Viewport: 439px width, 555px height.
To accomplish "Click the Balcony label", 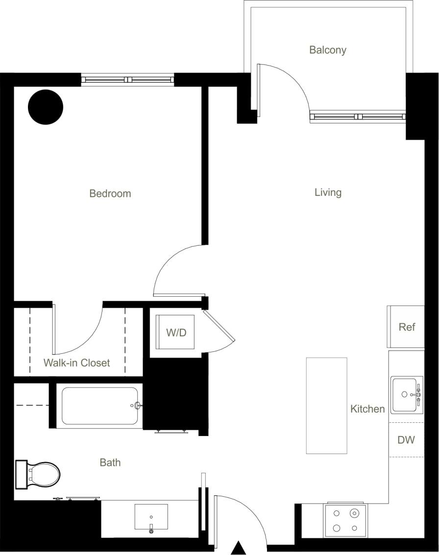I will click(328, 50).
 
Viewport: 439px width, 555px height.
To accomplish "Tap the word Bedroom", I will click(110, 194).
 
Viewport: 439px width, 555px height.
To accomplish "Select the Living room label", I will click(328, 193).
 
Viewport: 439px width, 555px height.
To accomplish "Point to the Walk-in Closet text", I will click(77, 363).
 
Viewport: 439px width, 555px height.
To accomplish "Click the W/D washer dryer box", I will click(176, 333).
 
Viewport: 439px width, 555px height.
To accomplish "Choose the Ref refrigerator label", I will click(407, 327).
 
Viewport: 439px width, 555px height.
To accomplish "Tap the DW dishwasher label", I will click(406, 440).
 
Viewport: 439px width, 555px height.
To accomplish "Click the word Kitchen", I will click(367, 409).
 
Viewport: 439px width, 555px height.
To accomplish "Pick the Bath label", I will click(110, 462).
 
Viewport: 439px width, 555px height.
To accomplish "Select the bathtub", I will click(100, 406).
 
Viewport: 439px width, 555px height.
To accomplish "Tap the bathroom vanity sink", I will click(151, 517).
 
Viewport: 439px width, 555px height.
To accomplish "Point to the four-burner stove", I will click(345, 521).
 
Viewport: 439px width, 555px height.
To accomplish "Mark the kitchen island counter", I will click(326, 405).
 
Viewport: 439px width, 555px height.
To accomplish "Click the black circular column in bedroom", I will click(46, 107).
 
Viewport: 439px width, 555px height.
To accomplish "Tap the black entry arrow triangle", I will click(239, 548).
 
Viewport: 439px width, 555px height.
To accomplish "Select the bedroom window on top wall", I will click(127, 79).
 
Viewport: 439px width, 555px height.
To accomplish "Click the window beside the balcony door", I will click(358, 116).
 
